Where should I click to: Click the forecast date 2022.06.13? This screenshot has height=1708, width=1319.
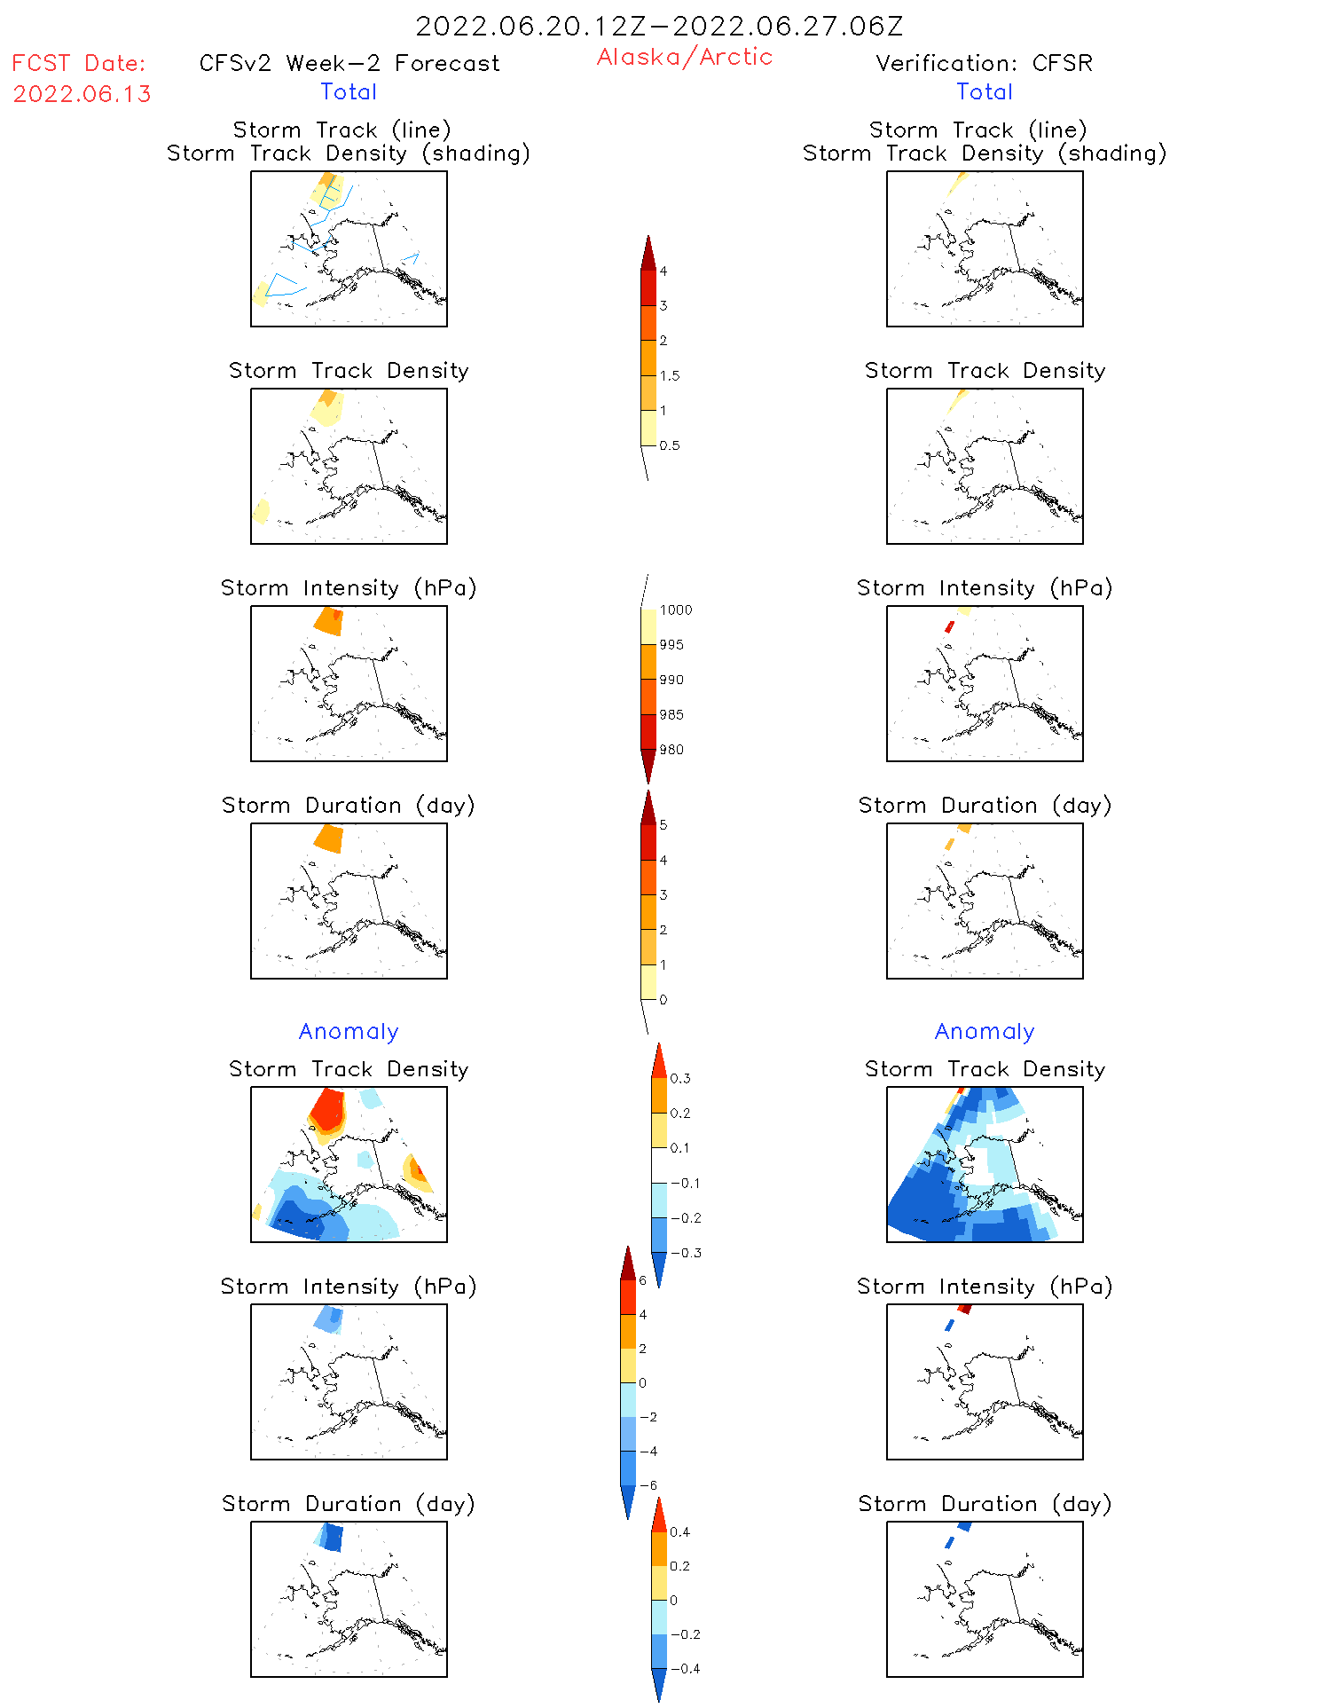click(x=82, y=94)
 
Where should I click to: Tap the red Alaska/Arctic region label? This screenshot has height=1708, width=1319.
click(x=684, y=57)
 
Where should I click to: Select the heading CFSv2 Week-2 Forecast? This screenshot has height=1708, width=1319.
click(x=349, y=63)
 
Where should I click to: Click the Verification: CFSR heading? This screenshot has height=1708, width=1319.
click(x=984, y=63)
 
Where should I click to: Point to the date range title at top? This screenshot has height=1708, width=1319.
click(x=659, y=26)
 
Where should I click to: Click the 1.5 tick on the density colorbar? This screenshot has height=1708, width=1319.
click(x=670, y=375)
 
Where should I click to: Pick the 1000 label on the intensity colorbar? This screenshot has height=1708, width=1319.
click(x=675, y=610)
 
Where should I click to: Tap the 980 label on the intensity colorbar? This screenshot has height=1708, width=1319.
click(x=671, y=750)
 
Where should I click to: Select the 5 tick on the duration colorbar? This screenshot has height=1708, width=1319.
click(x=663, y=825)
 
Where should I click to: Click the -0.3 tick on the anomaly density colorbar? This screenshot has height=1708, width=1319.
click(x=686, y=1253)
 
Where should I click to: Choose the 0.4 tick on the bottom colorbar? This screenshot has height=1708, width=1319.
click(x=679, y=1531)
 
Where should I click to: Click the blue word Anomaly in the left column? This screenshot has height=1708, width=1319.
click(x=349, y=1031)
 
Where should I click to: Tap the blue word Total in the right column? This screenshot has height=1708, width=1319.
click(x=984, y=91)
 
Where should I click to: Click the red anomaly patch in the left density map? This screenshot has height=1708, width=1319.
click(x=327, y=1109)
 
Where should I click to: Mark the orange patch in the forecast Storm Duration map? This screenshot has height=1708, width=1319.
click(x=329, y=838)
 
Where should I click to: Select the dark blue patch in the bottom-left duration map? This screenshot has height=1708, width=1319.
click(x=333, y=1537)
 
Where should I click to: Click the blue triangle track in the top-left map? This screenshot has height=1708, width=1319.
click(x=282, y=285)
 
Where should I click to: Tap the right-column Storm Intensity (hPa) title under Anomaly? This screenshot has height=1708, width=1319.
click(x=984, y=1287)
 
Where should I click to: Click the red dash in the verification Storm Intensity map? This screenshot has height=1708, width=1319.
click(x=950, y=626)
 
